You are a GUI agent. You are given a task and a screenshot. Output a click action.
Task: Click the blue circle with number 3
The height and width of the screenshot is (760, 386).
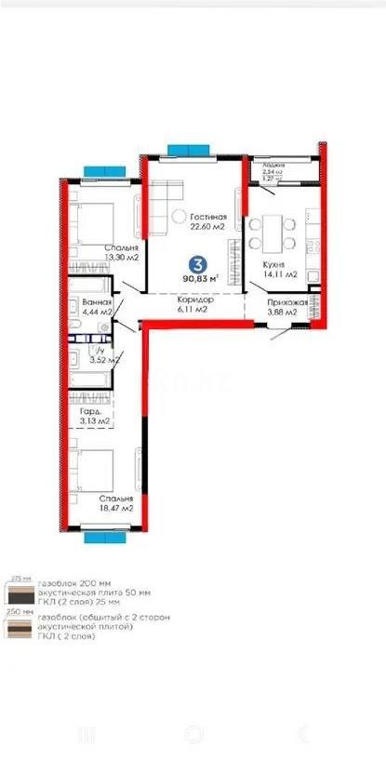click(x=194, y=263)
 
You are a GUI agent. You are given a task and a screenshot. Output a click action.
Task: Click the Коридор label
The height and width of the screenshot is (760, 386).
click(x=196, y=300)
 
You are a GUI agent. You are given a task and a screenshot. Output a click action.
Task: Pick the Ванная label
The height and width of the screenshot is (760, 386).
click(x=97, y=302)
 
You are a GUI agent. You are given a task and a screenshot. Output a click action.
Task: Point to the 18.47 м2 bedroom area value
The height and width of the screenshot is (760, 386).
click(x=116, y=508)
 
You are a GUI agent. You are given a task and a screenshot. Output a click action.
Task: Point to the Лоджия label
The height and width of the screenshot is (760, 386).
click(x=273, y=164)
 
